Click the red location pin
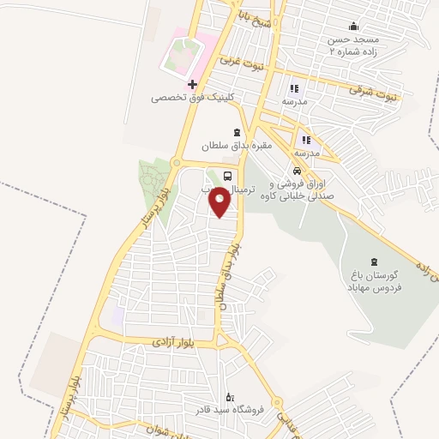tap(220, 202)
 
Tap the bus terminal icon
tap(227, 176)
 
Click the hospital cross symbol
tap(193, 84)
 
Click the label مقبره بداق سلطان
tap(236, 145)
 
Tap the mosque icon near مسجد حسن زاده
tap(353, 27)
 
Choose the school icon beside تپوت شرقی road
tap(294, 87)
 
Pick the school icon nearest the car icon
tap(305, 139)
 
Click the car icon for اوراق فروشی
tap(297, 170)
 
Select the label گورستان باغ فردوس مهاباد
tap(375, 280)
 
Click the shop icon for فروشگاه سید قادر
tap(229, 397)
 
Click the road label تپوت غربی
tap(242, 63)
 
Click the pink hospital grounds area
tap(182, 55)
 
